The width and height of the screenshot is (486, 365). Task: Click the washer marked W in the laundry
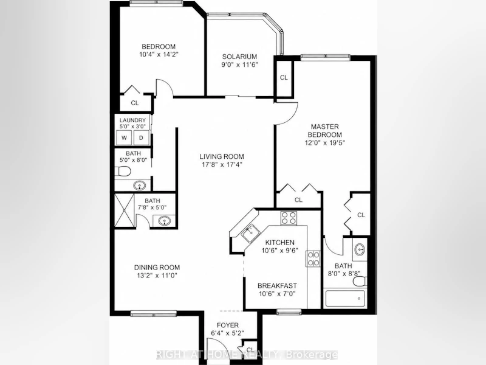(x=125, y=138)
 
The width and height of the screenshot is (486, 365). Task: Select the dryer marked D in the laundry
(x=141, y=138)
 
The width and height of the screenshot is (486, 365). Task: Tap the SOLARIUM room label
(x=239, y=57)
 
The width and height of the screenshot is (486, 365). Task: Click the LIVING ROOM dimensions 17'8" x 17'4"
(x=222, y=164)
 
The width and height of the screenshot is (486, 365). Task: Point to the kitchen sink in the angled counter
(x=250, y=233)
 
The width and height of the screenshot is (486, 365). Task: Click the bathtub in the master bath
(x=345, y=299)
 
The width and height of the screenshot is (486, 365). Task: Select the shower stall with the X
(x=125, y=210)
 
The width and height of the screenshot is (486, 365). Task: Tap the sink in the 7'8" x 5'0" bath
(x=164, y=221)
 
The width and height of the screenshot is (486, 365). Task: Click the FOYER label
(x=228, y=325)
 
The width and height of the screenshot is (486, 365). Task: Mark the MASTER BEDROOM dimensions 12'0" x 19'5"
(x=324, y=143)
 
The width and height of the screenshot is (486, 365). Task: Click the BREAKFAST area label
(x=277, y=285)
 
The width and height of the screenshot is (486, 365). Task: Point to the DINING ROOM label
(x=157, y=267)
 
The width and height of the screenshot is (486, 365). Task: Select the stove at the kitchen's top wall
(x=289, y=218)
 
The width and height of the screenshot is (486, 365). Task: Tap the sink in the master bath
(x=360, y=249)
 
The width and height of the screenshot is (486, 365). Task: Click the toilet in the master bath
(x=360, y=282)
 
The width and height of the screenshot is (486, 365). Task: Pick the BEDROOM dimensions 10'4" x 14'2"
(x=159, y=54)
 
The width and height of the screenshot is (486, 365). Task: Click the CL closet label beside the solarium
(x=284, y=78)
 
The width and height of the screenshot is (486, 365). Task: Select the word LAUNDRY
(x=132, y=120)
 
